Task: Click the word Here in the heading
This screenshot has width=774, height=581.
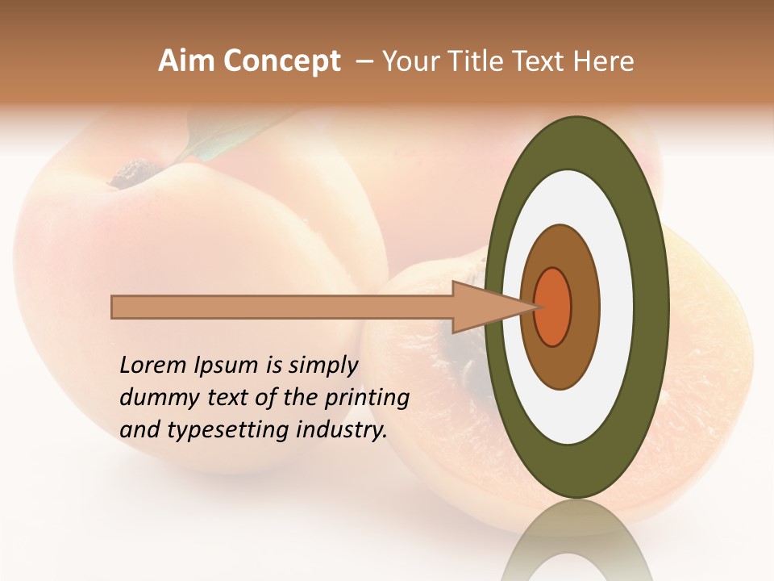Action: click(603, 61)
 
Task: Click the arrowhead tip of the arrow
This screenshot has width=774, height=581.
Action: click(535, 307)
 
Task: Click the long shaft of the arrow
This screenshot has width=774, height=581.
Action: click(282, 307)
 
